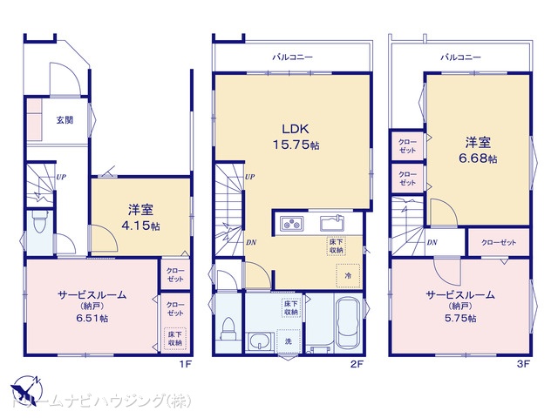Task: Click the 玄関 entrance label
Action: (65, 120)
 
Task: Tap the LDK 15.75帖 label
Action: (296, 137)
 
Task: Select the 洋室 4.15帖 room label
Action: (140, 217)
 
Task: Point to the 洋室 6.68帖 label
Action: (478, 150)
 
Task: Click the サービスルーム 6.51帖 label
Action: (92, 306)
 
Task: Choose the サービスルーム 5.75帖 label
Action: (460, 306)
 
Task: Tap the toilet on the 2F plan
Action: (228, 327)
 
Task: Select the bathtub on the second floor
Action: (348, 323)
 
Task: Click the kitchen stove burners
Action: (291, 224)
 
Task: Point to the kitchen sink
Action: (332, 223)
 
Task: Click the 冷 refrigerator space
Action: (348, 275)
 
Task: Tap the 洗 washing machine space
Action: (289, 341)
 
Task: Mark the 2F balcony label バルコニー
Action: (293, 57)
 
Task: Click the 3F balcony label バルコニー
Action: (460, 57)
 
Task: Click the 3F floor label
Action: (523, 364)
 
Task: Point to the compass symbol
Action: (26, 388)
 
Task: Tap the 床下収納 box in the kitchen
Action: (336, 246)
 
